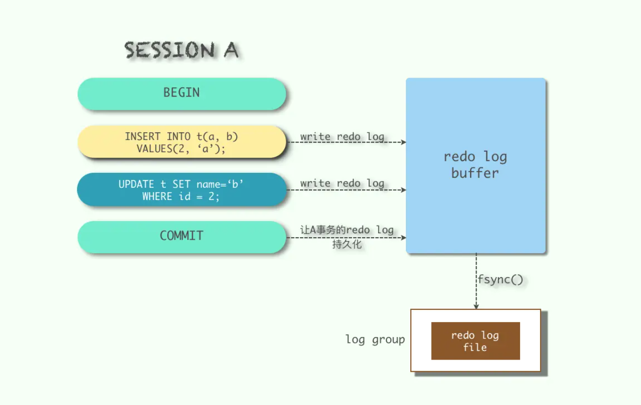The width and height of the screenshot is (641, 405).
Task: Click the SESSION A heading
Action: (x=181, y=50)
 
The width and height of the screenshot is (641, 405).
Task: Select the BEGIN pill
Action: (x=181, y=94)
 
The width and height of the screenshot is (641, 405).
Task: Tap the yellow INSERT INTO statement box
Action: (x=181, y=142)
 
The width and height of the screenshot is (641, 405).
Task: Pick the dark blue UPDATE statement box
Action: (x=181, y=189)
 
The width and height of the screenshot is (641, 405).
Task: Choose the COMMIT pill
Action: (x=181, y=237)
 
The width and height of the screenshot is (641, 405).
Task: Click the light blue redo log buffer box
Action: (x=476, y=165)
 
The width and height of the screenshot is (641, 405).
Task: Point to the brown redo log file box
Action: (x=476, y=341)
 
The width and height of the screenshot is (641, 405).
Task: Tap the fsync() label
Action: (x=501, y=279)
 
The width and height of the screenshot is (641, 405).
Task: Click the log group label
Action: (x=375, y=340)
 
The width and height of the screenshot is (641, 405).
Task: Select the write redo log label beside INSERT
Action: (x=342, y=137)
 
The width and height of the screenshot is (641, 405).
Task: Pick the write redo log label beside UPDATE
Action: (x=342, y=183)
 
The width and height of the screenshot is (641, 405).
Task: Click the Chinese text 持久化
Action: (x=347, y=244)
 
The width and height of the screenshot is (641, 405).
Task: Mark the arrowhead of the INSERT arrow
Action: (x=404, y=142)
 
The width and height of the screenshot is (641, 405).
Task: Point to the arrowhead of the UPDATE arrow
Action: (x=404, y=190)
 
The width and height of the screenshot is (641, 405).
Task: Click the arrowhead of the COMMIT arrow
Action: (x=404, y=238)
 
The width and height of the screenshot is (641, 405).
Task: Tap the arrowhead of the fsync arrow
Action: (x=476, y=307)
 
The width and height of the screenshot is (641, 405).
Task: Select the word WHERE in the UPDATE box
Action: (x=157, y=197)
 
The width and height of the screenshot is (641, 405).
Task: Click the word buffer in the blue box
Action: (x=475, y=173)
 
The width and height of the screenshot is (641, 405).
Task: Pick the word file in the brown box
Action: (x=475, y=347)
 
